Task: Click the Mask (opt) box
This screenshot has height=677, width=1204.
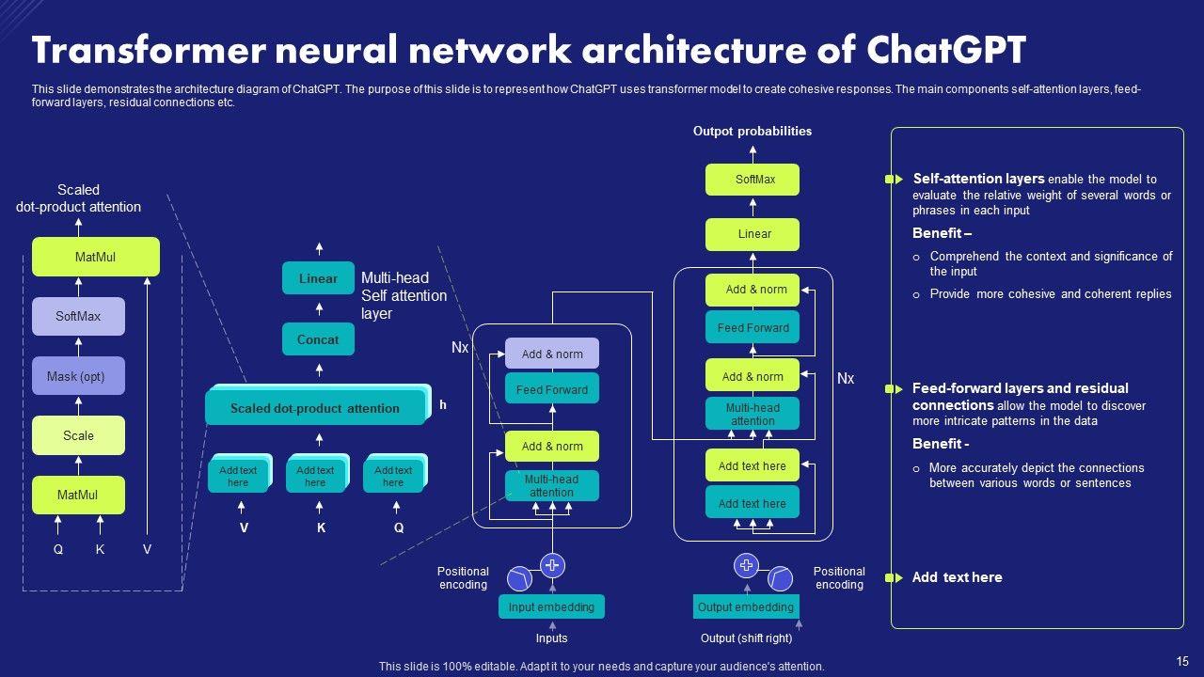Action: pos(78,376)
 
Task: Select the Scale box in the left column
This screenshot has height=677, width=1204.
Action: pos(78,435)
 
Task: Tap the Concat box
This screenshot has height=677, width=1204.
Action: pos(318,339)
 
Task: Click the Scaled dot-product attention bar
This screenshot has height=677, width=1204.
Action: pos(315,408)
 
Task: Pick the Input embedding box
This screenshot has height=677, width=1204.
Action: pos(551,607)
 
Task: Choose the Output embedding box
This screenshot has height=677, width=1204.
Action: pos(746,607)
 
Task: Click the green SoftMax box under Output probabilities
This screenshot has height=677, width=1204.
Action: pos(752,179)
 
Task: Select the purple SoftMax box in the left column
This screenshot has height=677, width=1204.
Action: pos(78,317)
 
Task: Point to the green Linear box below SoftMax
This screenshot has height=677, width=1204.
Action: pos(752,234)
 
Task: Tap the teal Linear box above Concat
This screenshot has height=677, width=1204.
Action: pos(318,278)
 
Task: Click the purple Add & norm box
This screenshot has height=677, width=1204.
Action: pos(552,354)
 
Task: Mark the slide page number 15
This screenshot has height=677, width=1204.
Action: pos(1182,661)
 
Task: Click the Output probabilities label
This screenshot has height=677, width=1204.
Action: pos(752,132)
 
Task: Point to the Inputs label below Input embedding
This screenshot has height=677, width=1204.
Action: pos(552,638)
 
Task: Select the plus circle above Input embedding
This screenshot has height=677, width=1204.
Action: pos(552,565)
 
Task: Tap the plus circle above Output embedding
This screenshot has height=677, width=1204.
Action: pos(746,565)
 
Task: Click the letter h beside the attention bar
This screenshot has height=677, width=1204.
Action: pos(443,405)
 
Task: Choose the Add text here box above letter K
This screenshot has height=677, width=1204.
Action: pos(315,476)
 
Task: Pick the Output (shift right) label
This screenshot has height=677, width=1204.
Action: pos(747,638)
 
